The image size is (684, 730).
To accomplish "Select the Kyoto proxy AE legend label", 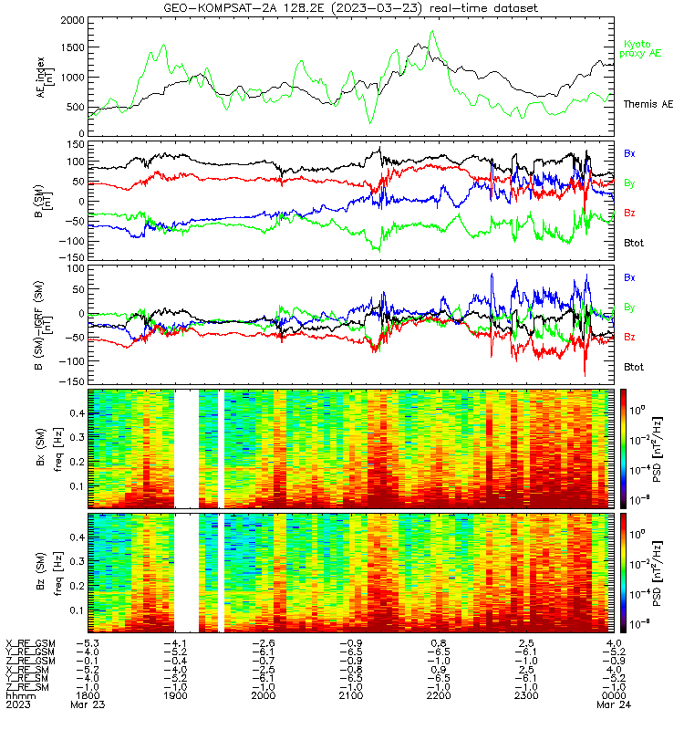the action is point(640,49).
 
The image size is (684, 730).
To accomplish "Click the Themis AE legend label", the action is point(648,104).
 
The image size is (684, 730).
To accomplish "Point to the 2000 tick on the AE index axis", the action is point(73,20).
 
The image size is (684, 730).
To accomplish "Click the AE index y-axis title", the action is point(45,78).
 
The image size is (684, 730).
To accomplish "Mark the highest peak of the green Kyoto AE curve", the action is point(432,31).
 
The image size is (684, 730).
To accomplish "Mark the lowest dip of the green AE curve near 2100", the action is point(370,122).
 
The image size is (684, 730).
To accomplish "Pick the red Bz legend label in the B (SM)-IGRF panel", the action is point(629,337).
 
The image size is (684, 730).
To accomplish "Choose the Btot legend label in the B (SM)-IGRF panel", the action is point(634,367).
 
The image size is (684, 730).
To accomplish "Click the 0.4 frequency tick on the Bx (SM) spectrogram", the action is point(77,413).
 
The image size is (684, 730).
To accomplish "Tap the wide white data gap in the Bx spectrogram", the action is point(187,449).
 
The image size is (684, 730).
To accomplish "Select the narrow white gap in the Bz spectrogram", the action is point(221,573).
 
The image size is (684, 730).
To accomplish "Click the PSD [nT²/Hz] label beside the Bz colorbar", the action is point(657,573).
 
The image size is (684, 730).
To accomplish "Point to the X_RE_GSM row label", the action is point(30,643).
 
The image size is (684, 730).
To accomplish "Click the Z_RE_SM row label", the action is point(27,687).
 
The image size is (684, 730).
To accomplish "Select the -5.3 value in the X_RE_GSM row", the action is point(88,643).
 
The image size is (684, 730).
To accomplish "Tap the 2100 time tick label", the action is point(351,695).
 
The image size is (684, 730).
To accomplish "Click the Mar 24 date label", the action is point(614,704).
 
